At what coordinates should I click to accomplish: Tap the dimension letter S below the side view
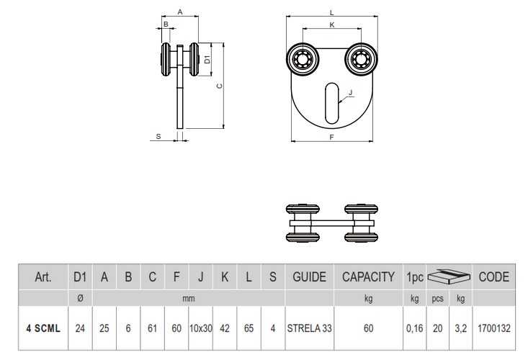[x=158, y=135]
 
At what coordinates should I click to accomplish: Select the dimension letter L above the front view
[x=331, y=12]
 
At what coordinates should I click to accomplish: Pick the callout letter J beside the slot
[x=349, y=92]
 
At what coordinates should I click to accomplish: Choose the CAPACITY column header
[x=367, y=276]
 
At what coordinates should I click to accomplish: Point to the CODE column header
[x=493, y=276]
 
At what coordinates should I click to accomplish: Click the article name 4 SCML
[x=42, y=328]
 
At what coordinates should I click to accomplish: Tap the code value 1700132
[x=493, y=328]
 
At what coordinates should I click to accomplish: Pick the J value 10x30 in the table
[x=200, y=328]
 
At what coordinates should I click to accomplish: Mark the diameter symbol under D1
[x=80, y=297]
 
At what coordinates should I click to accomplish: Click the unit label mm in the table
[x=189, y=297]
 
